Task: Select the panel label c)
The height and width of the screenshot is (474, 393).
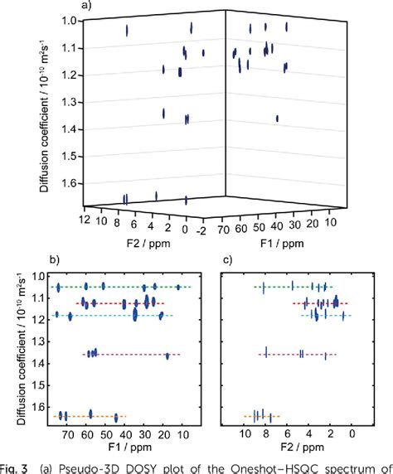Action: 232,260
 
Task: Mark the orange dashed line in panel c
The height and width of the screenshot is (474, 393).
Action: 261,416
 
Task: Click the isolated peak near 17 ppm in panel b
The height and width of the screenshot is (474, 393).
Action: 167,355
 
